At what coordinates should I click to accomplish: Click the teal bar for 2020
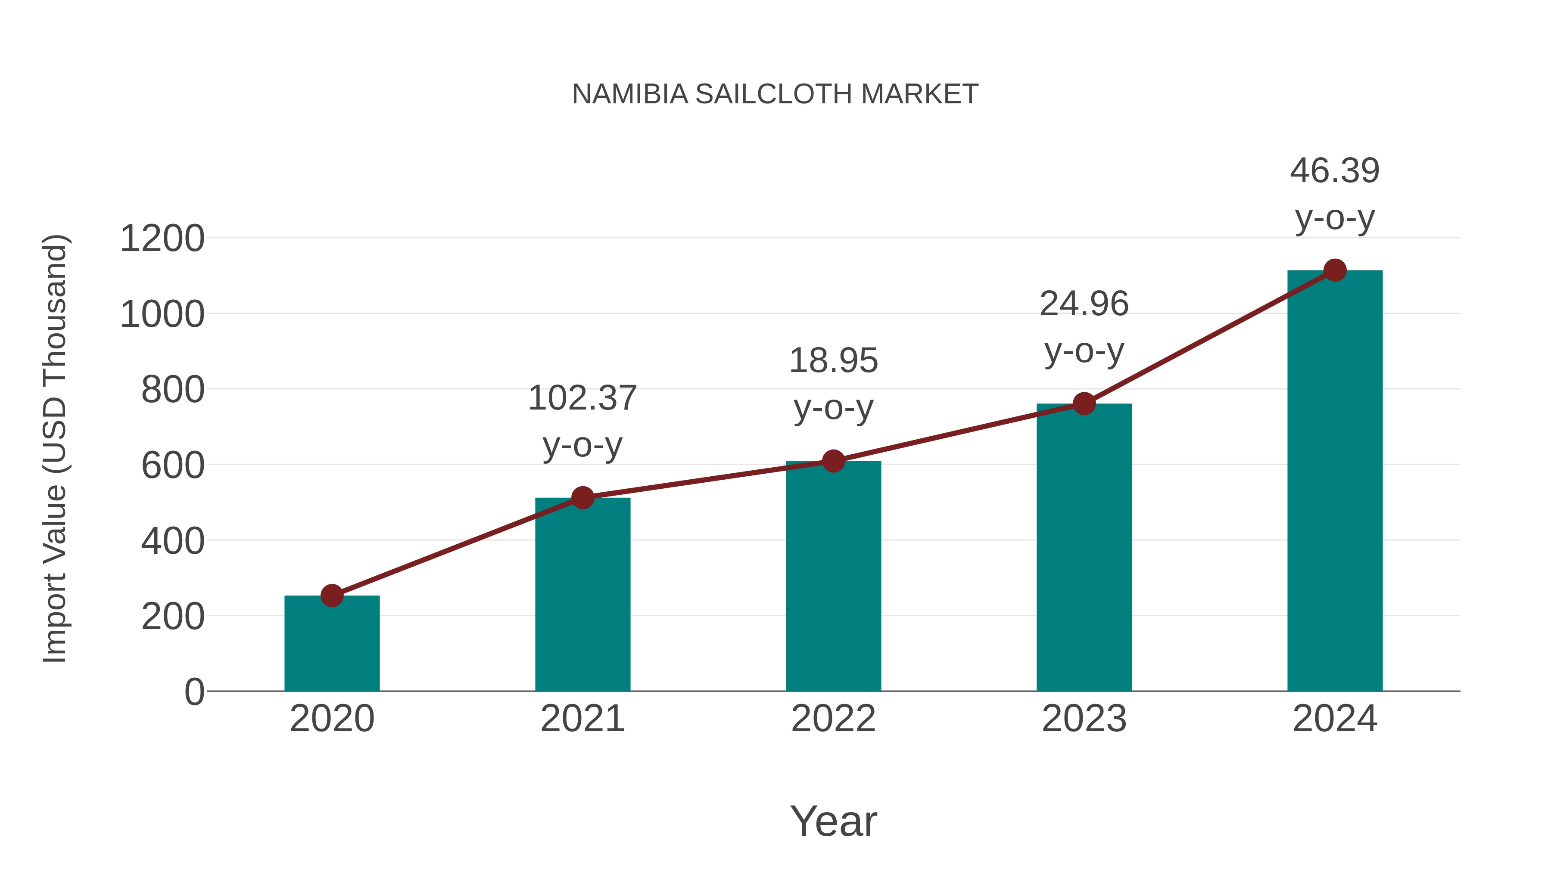click(332, 644)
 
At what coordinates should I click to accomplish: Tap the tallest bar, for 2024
click(1335, 481)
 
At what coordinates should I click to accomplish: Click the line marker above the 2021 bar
click(582, 498)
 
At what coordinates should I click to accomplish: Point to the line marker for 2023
click(1084, 404)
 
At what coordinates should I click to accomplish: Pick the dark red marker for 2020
click(332, 596)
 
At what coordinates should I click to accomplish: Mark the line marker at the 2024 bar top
click(1335, 271)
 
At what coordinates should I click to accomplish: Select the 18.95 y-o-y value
click(833, 361)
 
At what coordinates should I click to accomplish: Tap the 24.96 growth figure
click(1084, 304)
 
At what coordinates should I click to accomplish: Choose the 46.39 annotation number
click(1335, 171)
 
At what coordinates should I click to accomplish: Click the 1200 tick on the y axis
click(162, 239)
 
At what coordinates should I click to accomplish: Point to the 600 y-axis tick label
click(173, 466)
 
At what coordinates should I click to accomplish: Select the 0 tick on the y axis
click(194, 692)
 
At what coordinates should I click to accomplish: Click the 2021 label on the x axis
click(582, 719)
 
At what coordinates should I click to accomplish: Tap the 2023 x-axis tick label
click(1084, 719)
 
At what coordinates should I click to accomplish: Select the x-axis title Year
click(833, 822)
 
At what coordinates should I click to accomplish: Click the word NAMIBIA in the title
click(630, 94)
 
